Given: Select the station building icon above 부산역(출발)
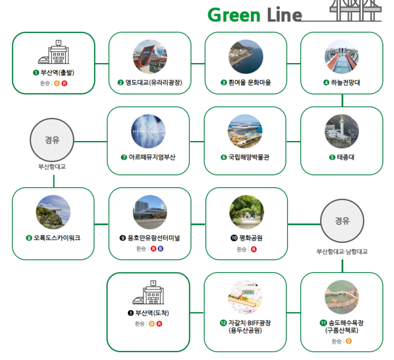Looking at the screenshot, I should tap(53, 53).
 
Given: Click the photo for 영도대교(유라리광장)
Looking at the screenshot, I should tap(150, 56).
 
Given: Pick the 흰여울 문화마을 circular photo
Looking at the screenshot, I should tap(246, 56).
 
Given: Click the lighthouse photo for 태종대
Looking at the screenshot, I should tap(342, 131).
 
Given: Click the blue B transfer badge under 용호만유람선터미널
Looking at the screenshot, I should tap(160, 249).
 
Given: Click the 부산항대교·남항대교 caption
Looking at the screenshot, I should tap(342, 252).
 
